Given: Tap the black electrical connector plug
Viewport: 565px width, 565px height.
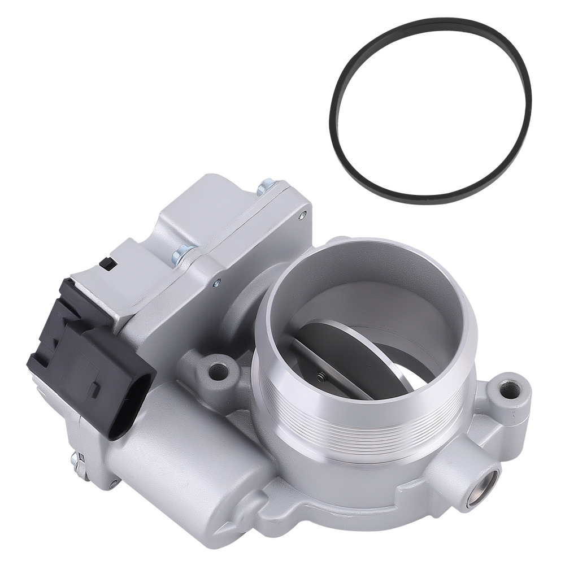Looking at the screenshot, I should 90,362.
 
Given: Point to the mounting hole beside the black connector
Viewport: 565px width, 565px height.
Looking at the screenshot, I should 217,372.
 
